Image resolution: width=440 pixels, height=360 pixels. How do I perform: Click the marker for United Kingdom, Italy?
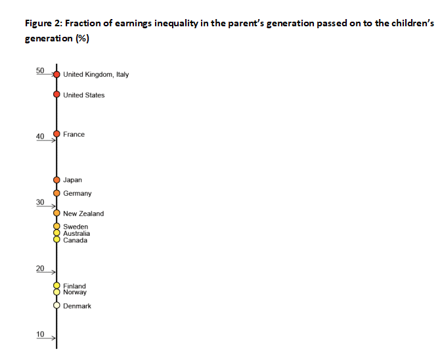pos(56,74)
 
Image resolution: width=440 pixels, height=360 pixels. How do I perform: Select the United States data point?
pos(56,95)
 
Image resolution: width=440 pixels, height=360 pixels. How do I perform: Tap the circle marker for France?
pos(56,134)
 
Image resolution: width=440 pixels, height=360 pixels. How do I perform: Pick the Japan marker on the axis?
pos(56,180)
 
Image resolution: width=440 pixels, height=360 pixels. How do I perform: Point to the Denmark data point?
pos(56,306)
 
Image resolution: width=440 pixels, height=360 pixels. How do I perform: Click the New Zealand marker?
pos(56,214)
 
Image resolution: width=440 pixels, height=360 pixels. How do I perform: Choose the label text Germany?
pos(77,194)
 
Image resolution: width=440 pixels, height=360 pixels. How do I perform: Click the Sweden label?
pos(76,227)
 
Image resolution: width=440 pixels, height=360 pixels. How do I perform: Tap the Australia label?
pos(77,233)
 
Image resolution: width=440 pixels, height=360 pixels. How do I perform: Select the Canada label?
pos(75,240)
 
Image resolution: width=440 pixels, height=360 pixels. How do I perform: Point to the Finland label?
pos(74,286)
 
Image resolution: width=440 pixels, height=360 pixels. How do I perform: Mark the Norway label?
pos(75,292)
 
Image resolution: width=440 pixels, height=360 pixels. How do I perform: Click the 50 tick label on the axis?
pos(40,70)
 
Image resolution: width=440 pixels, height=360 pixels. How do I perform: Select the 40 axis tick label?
pos(40,136)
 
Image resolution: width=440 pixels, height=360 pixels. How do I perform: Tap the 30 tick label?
pos(40,202)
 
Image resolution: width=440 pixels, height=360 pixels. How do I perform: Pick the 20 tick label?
pos(40,269)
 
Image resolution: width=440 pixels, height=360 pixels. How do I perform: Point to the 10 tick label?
pos(40,334)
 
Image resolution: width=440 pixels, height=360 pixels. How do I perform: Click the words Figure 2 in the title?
pos(42,24)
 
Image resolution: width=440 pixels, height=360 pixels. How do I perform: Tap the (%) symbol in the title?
pos(83,38)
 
